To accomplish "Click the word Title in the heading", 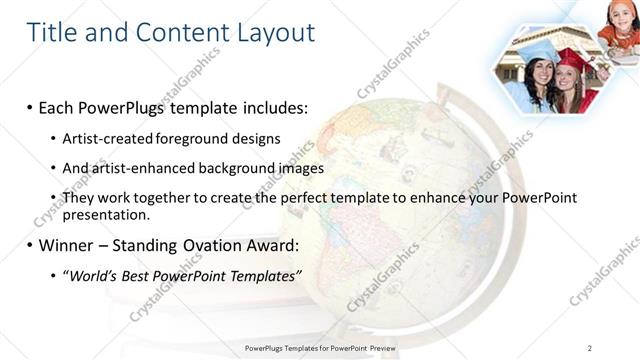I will [x=52, y=32].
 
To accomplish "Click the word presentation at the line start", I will [x=105, y=213].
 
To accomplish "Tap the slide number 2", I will [x=590, y=347].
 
